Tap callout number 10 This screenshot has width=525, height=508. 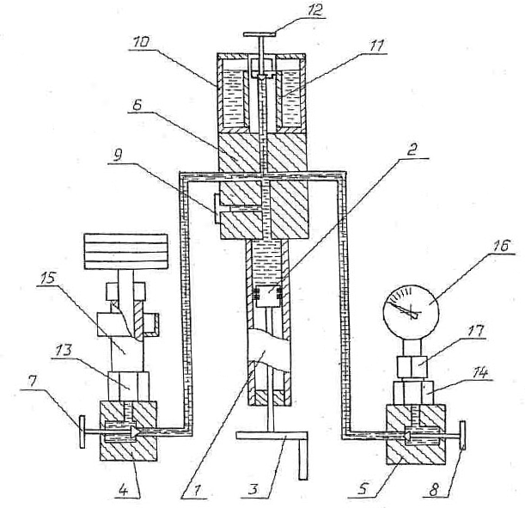[x=141, y=42]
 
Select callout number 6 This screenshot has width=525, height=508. [x=137, y=105]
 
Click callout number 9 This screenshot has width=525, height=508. [x=117, y=156]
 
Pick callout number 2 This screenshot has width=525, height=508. [x=412, y=150]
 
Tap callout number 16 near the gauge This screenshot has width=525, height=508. [x=500, y=246]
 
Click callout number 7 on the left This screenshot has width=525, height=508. [x=33, y=382]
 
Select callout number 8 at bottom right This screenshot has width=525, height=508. [x=434, y=491]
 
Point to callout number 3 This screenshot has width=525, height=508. [x=253, y=489]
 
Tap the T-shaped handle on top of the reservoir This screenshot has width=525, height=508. [x=260, y=47]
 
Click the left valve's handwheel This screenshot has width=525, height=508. [x=82, y=431]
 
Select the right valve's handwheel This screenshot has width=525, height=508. [x=463, y=434]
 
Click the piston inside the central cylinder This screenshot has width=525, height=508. [x=268, y=297]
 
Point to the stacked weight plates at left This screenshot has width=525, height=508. [x=126, y=252]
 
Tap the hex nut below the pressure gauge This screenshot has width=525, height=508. [x=412, y=366]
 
